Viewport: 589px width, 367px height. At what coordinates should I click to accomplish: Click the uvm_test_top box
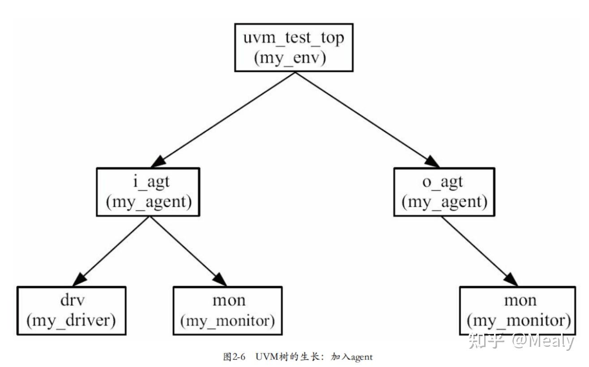293,47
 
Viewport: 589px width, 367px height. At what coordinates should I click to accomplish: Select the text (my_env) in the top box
289,59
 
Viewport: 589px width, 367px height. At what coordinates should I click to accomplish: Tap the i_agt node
148,192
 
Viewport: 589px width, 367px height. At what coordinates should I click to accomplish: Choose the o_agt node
444,192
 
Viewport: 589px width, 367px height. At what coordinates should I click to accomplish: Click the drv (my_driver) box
71,311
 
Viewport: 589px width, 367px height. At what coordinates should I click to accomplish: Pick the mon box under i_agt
228,311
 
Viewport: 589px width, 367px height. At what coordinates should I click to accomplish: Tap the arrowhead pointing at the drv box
80,280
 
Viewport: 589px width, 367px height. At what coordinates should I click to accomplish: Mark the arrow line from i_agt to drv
114,249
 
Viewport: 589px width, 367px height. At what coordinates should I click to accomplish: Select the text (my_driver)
71,320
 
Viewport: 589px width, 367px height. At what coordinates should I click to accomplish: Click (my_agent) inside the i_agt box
148,201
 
